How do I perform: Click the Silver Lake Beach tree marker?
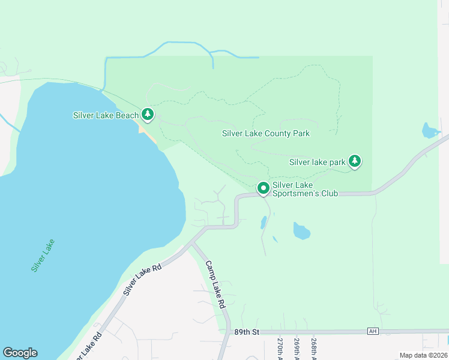click(148, 114)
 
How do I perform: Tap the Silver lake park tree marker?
click(355, 161)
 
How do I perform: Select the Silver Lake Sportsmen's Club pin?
click(263, 188)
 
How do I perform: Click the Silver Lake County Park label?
click(266, 133)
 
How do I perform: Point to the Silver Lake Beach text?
click(106, 115)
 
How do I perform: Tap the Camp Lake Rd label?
click(214, 284)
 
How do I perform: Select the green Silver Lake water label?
click(43, 256)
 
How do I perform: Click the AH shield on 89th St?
click(373, 332)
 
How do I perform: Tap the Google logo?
click(20, 353)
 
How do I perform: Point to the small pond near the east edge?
click(429, 130)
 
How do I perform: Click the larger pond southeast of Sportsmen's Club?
click(301, 230)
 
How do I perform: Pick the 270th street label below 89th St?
click(280, 347)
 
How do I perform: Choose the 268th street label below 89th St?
click(314, 347)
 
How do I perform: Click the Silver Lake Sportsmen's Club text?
click(305, 189)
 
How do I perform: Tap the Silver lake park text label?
click(317, 162)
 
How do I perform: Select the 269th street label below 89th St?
click(297, 347)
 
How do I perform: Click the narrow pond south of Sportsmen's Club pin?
click(264, 223)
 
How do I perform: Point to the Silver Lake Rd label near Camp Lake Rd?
click(143, 279)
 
